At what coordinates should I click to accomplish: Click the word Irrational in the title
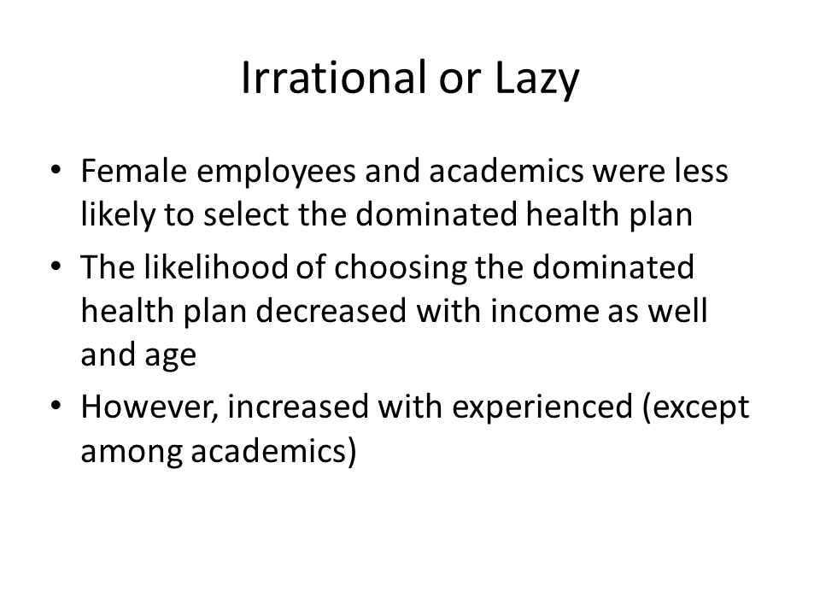334,78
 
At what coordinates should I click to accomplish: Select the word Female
134,171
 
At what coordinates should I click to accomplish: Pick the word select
245,214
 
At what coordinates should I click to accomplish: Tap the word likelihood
215,266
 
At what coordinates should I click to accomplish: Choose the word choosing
400,270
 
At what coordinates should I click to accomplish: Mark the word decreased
331,311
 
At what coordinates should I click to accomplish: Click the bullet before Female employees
56,170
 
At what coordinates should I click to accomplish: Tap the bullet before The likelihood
56,266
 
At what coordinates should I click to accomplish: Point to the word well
677,311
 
